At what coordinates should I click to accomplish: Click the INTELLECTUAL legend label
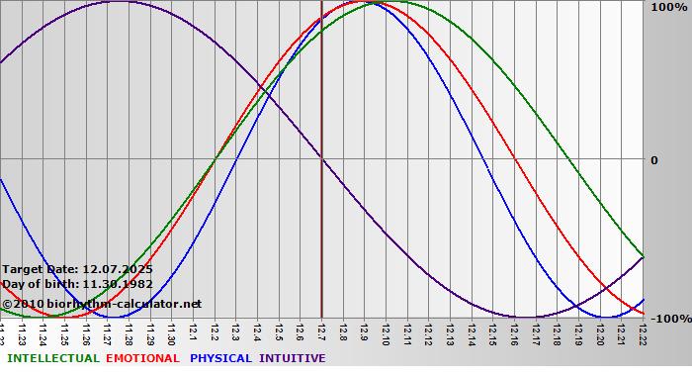(x=52, y=358)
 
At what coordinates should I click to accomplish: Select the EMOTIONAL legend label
(x=142, y=358)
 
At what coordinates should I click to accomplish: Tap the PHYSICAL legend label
(x=220, y=358)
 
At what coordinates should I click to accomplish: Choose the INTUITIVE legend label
(x=292, y=358)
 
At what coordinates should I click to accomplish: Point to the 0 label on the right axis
(x=653, y=159)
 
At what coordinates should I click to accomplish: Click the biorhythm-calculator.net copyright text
(x=109, y=304)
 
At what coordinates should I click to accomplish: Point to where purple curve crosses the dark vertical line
(x=321, y=159)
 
